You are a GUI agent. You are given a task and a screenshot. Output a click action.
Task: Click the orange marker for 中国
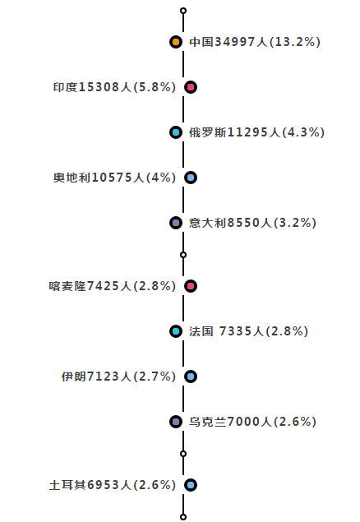click(x=175, y=42)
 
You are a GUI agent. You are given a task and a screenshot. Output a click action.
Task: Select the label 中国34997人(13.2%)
click(x=255, y=42)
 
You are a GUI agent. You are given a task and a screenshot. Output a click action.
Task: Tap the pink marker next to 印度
click(x=191, y=87)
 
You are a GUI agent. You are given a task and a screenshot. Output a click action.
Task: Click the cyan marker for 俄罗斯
click(x=175, y=132)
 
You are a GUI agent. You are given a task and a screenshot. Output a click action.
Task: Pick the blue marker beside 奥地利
click(x=191, y=178)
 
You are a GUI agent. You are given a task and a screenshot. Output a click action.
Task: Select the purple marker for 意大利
click(x=175, y=223)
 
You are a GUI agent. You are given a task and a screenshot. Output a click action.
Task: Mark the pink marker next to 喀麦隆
click(x=191, y=286)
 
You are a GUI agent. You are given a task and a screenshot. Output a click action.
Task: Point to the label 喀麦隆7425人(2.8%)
click(x=113, y=286)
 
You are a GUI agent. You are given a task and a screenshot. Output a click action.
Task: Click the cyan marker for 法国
click(x=175, y=331)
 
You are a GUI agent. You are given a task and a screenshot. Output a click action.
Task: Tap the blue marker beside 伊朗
click(x=191, y=376)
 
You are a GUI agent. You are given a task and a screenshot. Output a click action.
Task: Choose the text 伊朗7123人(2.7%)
click(x=118, y=376)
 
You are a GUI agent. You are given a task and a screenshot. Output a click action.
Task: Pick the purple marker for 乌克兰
click(x=175, y=422)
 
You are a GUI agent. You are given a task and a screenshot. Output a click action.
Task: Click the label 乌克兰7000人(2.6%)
click(x=253, y=422)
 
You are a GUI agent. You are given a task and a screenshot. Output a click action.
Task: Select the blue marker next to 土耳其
click(x=191, y=485)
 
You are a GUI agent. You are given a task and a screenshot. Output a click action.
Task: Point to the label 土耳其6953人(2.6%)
click(x=113, y=485)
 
